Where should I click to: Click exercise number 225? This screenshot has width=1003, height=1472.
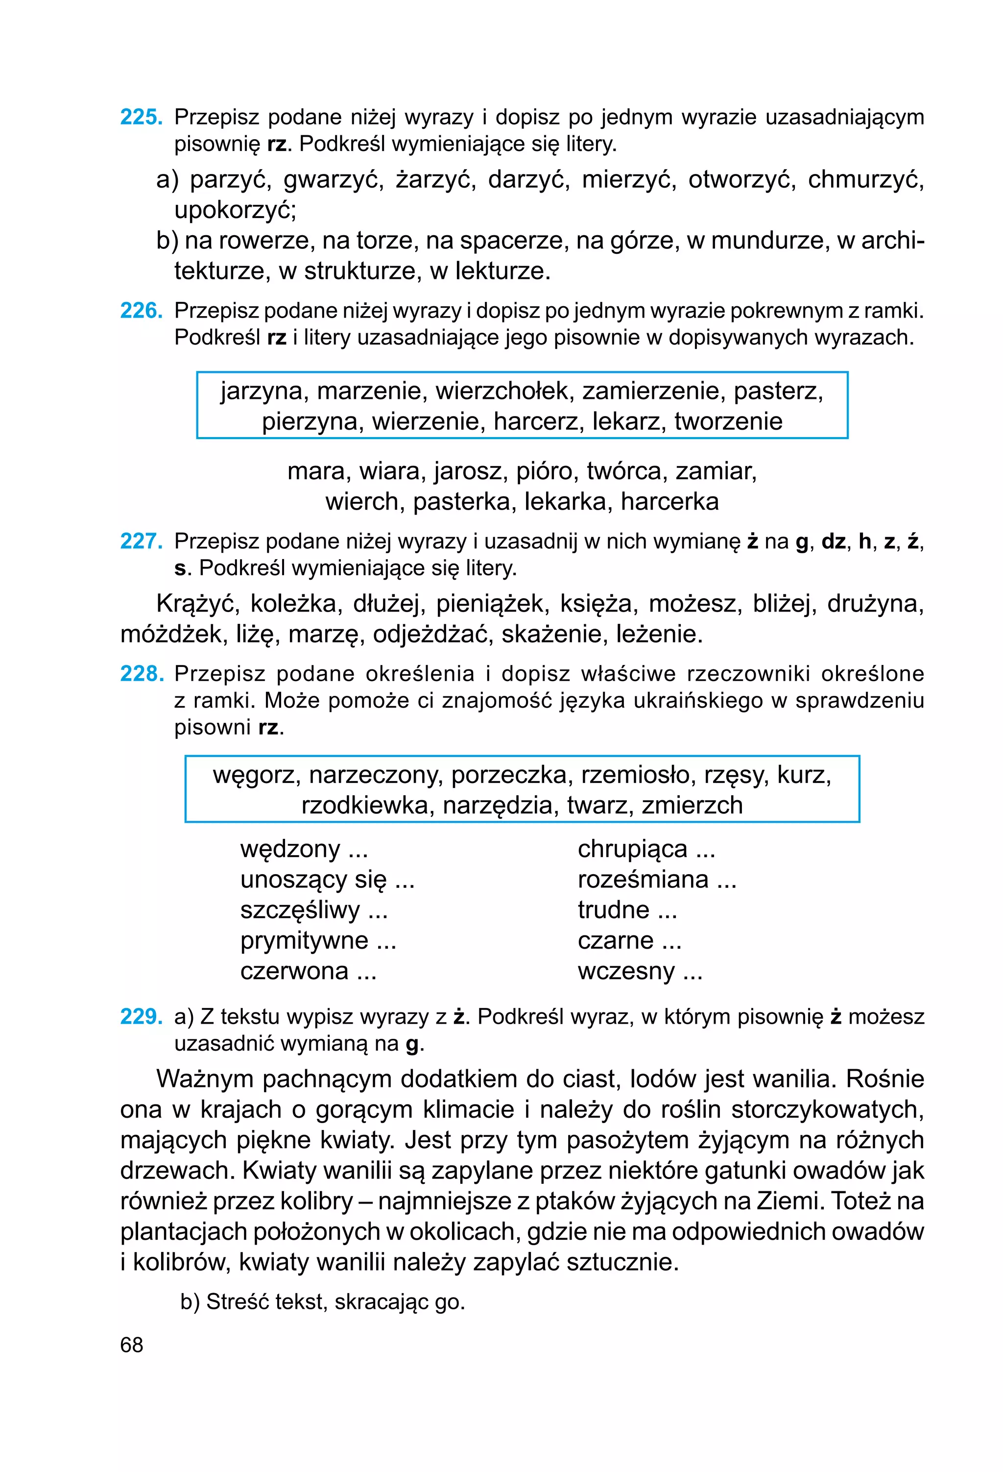click(141, 117)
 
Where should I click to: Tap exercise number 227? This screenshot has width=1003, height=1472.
click(141, 541)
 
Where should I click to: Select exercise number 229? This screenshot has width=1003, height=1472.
click(141, 1017)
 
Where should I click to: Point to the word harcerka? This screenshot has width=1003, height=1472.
click(669, 502)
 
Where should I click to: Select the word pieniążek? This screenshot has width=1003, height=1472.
click(489, 604)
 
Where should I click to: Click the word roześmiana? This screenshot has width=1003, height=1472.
click(643, 879)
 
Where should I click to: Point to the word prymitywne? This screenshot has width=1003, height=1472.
click(304, 941)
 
